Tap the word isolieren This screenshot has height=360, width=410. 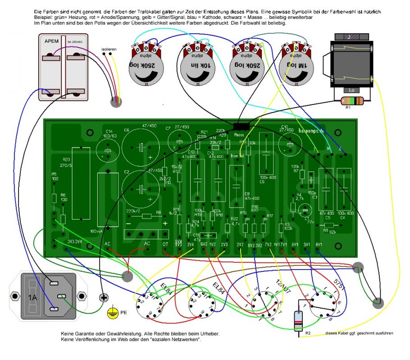point(109,49)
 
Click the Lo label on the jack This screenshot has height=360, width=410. point(352,90)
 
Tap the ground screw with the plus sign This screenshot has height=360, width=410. point(104,297)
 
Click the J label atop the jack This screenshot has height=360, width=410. point(349,37)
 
